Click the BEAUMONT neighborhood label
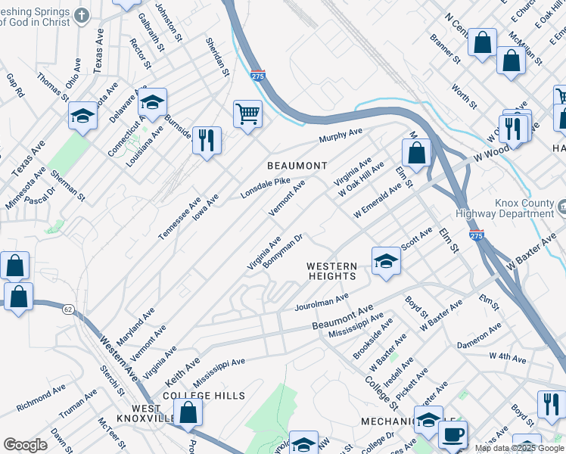(x=297, y=166)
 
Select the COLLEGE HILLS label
(x=204, y=396)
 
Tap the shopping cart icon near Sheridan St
(x=247, y=115)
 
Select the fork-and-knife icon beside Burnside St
(x=207, y=140)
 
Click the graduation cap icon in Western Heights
(x=386, y=261)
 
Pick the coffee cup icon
(x=452, y=435)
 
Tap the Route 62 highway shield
(x=67, y=308)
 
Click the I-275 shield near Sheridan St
(x=257, y=75)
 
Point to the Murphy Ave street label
(x=341, y=135)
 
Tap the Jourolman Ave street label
(x=322, y=302)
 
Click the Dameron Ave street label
(x=479, y=337)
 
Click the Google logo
(x=25, y=445)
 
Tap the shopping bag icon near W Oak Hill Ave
(x=416, y=154)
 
